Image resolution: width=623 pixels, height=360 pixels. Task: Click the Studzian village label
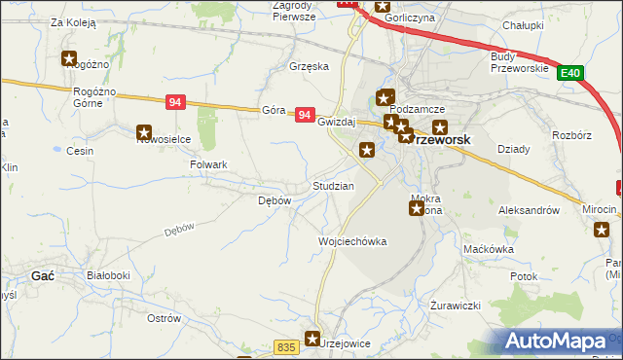[x=333, y=185]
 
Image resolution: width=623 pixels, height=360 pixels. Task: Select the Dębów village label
[x=274, y=200]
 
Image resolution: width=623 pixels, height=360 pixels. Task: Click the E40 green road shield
[x=571, y=73]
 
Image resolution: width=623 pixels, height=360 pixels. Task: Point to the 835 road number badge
[x=285, y=347]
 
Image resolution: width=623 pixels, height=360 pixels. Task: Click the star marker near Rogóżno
[x=69, y=58]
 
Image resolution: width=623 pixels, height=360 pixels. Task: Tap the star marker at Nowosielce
[x=144, y=132]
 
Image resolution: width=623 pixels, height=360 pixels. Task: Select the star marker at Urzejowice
[x=312, y=339]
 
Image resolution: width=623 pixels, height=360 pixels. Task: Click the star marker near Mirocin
[x=602, y=230]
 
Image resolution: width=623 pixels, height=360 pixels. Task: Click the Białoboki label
[x=108, y=276]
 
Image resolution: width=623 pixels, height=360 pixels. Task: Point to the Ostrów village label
[x=164, y=318]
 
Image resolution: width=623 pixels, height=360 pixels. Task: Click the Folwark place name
[x=208, y=165]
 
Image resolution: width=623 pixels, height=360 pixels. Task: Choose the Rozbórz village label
[x=571, y=135]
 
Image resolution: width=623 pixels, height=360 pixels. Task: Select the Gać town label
[x=42, y=276]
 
